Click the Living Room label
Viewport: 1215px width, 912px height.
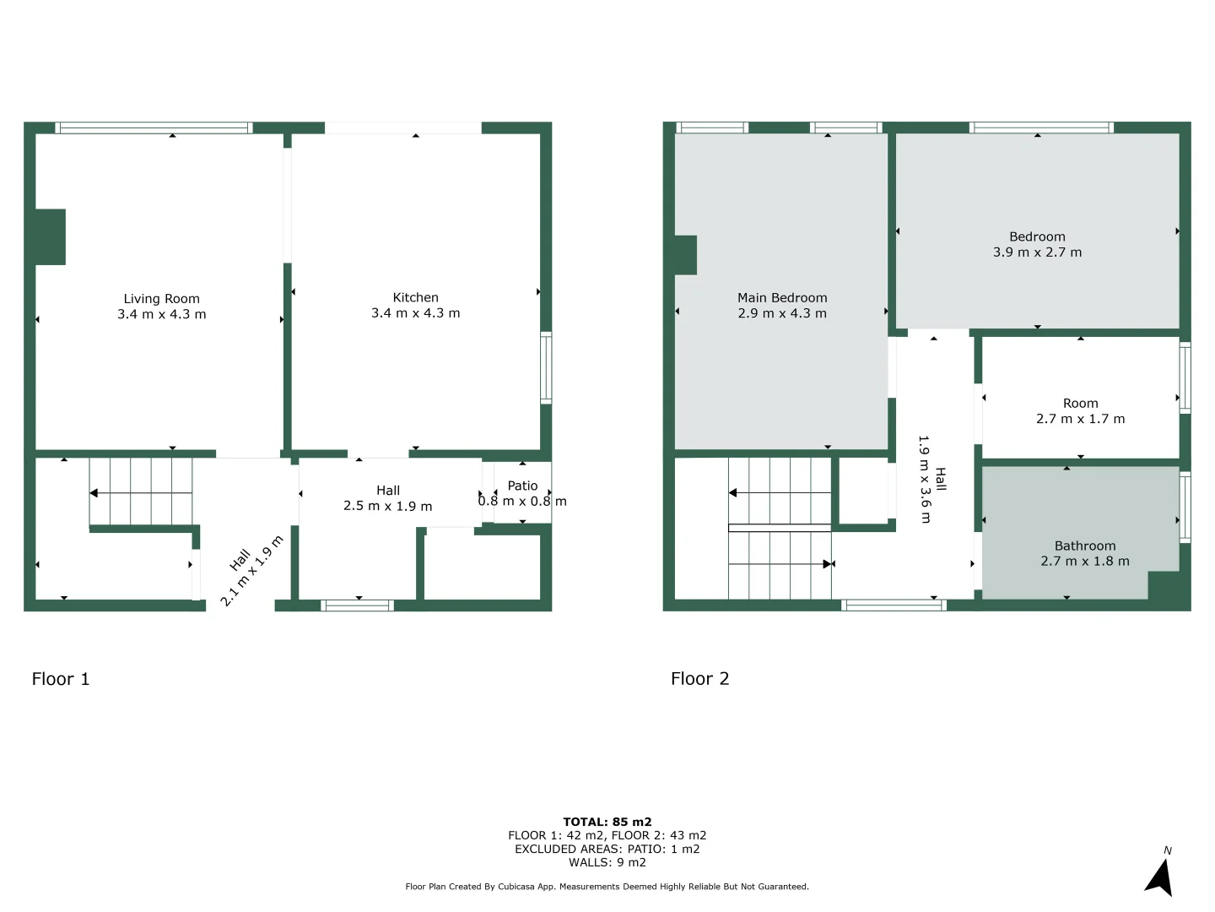pyautogui.click(x=161, y=299)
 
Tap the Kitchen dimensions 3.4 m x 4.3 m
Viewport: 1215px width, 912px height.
pyautogui.click(x=415, y=313)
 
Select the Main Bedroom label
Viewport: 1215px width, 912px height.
pyautogui.click(x=782, y=298)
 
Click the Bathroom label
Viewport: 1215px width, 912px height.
pyautogui.click(x=1085, y=546)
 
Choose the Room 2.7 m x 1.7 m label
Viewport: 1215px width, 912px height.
pyautogui.click(x=1080, y=411)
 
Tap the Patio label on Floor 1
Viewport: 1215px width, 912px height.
pyautogui.click(x=522, y=486)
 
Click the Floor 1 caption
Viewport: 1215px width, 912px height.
pyautogui.click(x=61, y=679)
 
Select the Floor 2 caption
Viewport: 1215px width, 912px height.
pyautogui.click(x=699, y=679)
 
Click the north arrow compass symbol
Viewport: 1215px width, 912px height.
pyautogui.click(x=1160, y=877)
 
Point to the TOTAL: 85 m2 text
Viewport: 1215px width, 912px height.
pyautogui.click(x=607, y=822)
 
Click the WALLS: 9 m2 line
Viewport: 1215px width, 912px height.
pyautogui.click(x=607, y=862)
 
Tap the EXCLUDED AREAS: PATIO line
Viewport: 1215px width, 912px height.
pyautogui.click(x=607, y=849)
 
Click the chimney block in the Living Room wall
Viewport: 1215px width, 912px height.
pyautogui.click(x=50, y=236)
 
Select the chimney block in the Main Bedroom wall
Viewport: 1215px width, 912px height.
pyautogui.click(x=685, y=255)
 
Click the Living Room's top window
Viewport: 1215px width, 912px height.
pyautogui.click(x=154, y=128)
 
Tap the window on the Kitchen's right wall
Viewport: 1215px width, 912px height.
pyautogui.click(x=546, y=367)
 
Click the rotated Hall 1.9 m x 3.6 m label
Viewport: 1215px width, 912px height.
pyautogui.click(x=932, y=479)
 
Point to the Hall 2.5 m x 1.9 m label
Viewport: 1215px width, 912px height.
pyautogui.click(x=387, y=498)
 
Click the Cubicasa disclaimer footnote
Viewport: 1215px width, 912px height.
pyautogui.click(x=607, y=887)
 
